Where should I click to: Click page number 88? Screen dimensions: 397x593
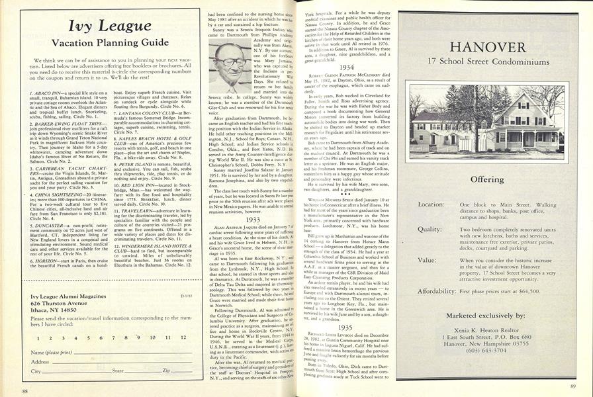[x=24, y=392]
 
